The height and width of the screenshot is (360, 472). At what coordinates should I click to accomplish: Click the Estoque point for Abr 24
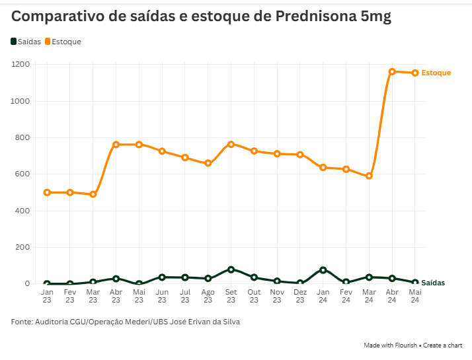coord(392,71)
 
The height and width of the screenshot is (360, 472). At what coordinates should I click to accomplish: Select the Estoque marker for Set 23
coord(231,144)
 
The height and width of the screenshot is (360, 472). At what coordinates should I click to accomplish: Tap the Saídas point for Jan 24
coord(323,270)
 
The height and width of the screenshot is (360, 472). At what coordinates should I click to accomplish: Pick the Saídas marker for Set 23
coord(231,270)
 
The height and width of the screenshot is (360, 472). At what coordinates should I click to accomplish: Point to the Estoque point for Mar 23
coord(93,194)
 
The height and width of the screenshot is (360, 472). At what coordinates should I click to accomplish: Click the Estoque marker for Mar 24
coord(369,176)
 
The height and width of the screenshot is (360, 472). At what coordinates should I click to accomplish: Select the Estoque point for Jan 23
coord(47,192)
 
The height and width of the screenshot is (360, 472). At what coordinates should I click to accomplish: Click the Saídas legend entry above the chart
coord(26,42)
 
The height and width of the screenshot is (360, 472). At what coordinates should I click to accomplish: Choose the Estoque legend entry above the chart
coord(63,42)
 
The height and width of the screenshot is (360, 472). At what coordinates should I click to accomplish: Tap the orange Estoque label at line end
coord(436,73)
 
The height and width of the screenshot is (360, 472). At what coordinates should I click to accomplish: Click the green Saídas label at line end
coord(432,283)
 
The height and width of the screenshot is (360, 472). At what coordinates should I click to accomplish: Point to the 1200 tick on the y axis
coord(20,64)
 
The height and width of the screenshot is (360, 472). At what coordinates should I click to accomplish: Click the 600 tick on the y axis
coord(23,174)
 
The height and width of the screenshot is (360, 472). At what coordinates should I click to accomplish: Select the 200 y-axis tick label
coord(23,247)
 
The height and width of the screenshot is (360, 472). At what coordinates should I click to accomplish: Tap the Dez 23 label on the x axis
coord(300,295)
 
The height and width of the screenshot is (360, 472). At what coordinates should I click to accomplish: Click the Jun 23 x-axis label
coord(162,295)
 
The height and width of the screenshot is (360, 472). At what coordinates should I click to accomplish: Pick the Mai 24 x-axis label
coord(415,295)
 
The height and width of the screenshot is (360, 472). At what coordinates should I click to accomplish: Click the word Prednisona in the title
coord(311,17)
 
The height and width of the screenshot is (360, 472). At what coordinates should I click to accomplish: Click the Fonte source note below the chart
coord(125,322)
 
